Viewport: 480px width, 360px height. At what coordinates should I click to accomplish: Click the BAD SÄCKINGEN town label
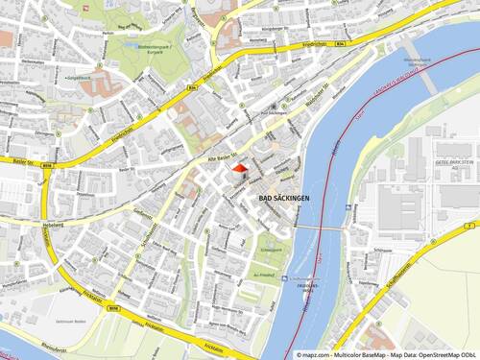[284, 198]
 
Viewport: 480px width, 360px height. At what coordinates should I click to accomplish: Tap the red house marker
[239, 170]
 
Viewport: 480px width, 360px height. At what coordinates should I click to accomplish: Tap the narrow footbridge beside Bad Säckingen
[317, 228]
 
